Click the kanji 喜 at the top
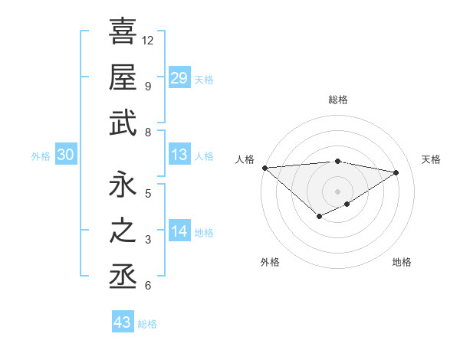tap(123, 32)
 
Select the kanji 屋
tap(123, 77)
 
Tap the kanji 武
tap(123, 123)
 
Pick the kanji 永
tap(123, 185)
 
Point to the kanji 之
tap(123, 231)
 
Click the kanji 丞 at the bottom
tap(123, 277)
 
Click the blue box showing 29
tap(179, 78)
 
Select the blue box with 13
tap(179, 155)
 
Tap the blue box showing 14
tap(179, 231)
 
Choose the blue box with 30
tap(65, 155)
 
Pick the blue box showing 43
tap(123, 322)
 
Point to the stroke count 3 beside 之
tap(148, 240)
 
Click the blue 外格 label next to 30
tap(41, 155)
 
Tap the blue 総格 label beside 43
tap(148, 323)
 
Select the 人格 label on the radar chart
tap(245, 159)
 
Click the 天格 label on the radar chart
tap(431, 159)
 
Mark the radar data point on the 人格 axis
tap(264, 167)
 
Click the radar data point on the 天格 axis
tap(396, 172)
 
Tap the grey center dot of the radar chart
tap(337, 191)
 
